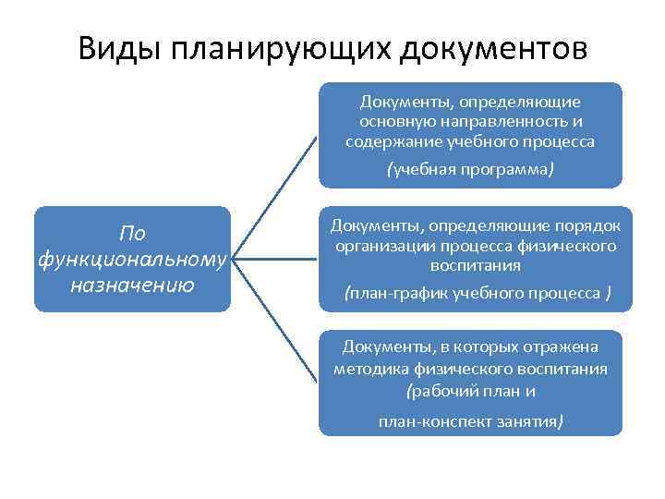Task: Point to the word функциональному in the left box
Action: [132, 259]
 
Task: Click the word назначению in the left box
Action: [132, 284]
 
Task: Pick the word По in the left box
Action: [133, 234]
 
